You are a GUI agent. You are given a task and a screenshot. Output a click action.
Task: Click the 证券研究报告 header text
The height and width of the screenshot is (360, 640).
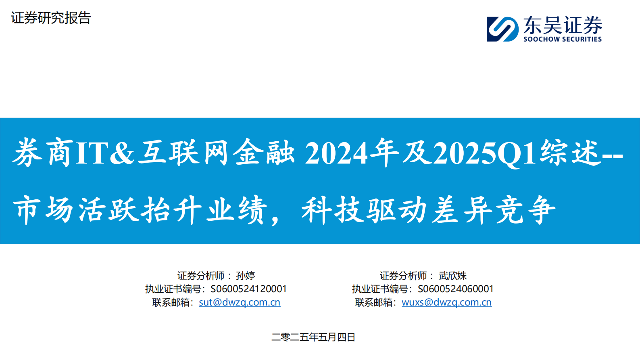(x=51, y=18)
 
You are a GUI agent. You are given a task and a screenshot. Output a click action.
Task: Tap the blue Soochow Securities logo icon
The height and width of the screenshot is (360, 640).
(x=502, y=29)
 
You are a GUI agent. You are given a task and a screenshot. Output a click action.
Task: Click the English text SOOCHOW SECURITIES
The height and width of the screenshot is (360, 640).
(x=563, y=39)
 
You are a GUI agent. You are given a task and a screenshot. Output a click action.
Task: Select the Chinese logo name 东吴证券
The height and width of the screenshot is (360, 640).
(x=563, y=25)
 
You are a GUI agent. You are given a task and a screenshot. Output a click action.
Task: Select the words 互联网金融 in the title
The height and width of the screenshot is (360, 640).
(x=216, y=153)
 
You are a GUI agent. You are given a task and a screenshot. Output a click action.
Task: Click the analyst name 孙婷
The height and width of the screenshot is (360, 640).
(x=246, y=276)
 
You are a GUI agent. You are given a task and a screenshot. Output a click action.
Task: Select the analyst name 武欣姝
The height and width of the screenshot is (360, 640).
(x=452, y=276)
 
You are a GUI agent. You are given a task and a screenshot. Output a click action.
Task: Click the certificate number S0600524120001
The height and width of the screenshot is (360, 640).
(x=248, y=289)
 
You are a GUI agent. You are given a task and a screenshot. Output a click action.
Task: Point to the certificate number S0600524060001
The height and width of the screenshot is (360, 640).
(x=456, y=289)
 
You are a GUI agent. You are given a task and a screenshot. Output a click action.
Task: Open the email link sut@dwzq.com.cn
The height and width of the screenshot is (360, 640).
(x=240, y=302)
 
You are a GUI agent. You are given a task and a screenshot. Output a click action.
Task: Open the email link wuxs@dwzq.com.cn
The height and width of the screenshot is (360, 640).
(x=446, y=302)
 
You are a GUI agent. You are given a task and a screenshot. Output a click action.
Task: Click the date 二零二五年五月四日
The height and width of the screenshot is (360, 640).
(x=313, y=337)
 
